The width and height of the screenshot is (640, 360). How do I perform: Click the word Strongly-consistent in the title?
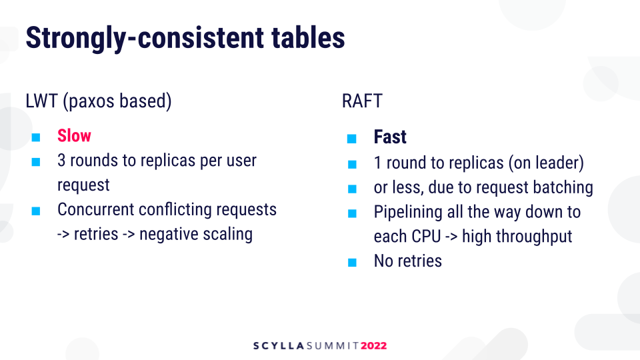[145, 38]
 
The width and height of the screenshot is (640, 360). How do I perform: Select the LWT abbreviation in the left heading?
[41, 101]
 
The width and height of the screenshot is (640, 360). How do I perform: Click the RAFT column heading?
[362, 101]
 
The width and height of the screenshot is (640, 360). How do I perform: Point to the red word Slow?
[74, 135]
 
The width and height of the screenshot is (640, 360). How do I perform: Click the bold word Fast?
[390, 137]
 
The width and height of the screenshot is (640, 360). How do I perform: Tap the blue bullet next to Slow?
[36, 137]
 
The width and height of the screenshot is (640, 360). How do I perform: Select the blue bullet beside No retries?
[352, 262]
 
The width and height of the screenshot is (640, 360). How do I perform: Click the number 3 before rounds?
[61, 161]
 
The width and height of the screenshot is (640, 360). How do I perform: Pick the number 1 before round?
[377, 163]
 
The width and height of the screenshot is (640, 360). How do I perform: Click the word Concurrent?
[96, 209]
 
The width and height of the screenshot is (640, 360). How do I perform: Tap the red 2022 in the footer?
[373, 346]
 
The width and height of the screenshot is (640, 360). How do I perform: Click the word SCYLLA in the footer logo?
[279, 346]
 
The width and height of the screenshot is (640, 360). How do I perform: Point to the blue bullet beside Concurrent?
[36, 211]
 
